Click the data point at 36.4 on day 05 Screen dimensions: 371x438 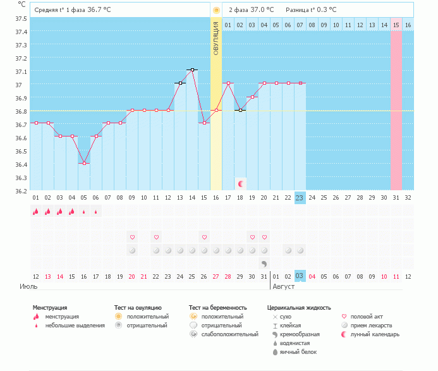84,163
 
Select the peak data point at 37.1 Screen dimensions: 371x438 192,70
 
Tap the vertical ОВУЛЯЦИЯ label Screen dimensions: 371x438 216,37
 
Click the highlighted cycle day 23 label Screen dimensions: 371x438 300,197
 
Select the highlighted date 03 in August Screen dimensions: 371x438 300,276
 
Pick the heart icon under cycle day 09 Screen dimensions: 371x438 132,237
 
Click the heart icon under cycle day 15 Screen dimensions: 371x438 204,237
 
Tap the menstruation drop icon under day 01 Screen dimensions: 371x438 36,212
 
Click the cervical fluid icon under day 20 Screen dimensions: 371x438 264,263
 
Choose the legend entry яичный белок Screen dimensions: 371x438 295,351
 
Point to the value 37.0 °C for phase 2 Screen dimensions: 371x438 262,9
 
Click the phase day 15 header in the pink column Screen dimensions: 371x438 396,25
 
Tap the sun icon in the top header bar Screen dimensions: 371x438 216,10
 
